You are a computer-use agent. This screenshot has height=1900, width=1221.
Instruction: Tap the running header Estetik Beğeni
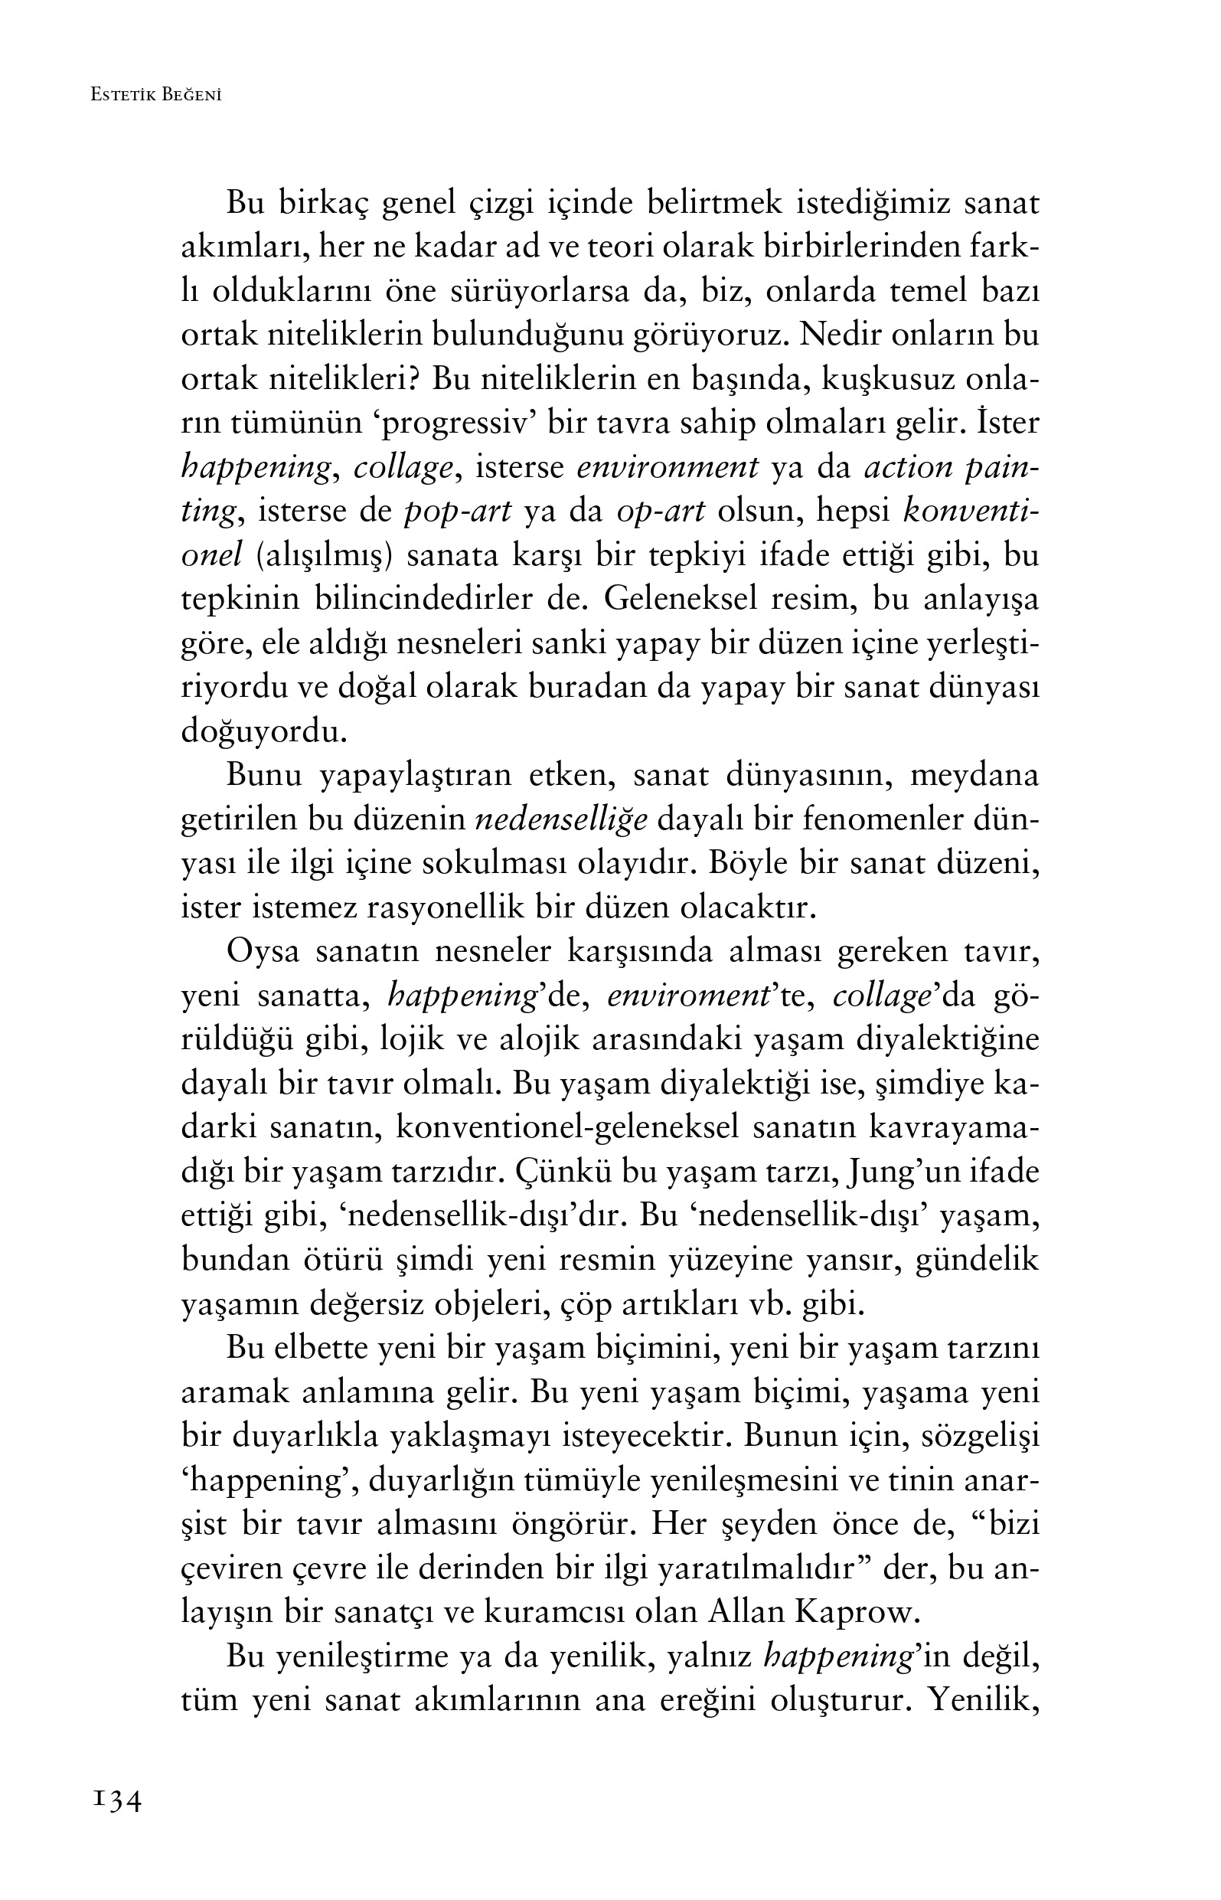[x=155, y=95]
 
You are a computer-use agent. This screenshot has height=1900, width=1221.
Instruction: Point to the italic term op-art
[x=660, y=513]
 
